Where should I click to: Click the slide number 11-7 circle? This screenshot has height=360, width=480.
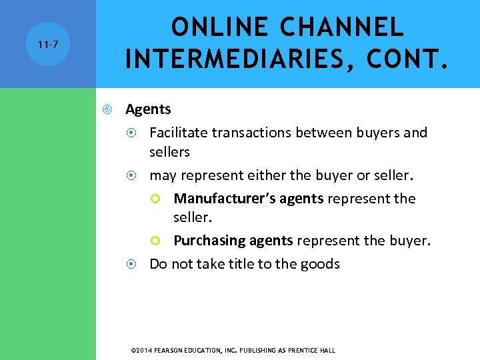pyautogui.click(x=48, y=45)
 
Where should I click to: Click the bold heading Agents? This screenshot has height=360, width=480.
pyautogui.click(x=148, y=109)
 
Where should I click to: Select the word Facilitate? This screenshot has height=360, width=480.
pyautogui.click(x=178, y=133)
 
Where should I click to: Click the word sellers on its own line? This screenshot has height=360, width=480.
pyautogui.click(x=169, y=152)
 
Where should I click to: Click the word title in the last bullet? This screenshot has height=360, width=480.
pyautogui.click(x=239, y=264)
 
